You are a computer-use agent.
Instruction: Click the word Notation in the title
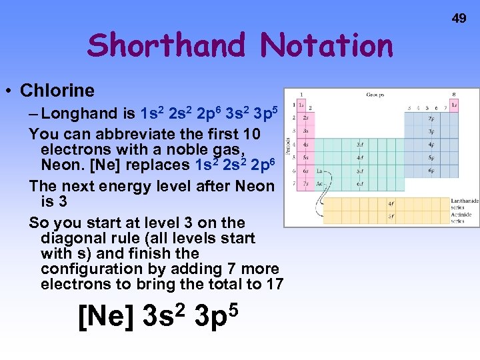327,45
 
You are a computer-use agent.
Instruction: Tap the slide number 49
459,19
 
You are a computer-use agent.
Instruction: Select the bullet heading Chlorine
57,90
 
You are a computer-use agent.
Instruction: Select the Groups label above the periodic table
375,95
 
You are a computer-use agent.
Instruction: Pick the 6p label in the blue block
431,171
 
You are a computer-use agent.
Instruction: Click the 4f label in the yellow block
391,204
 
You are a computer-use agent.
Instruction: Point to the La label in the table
319,171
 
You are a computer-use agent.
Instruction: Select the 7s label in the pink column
305,183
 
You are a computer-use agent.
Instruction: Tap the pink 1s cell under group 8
454,105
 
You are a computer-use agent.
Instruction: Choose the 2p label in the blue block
431,119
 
